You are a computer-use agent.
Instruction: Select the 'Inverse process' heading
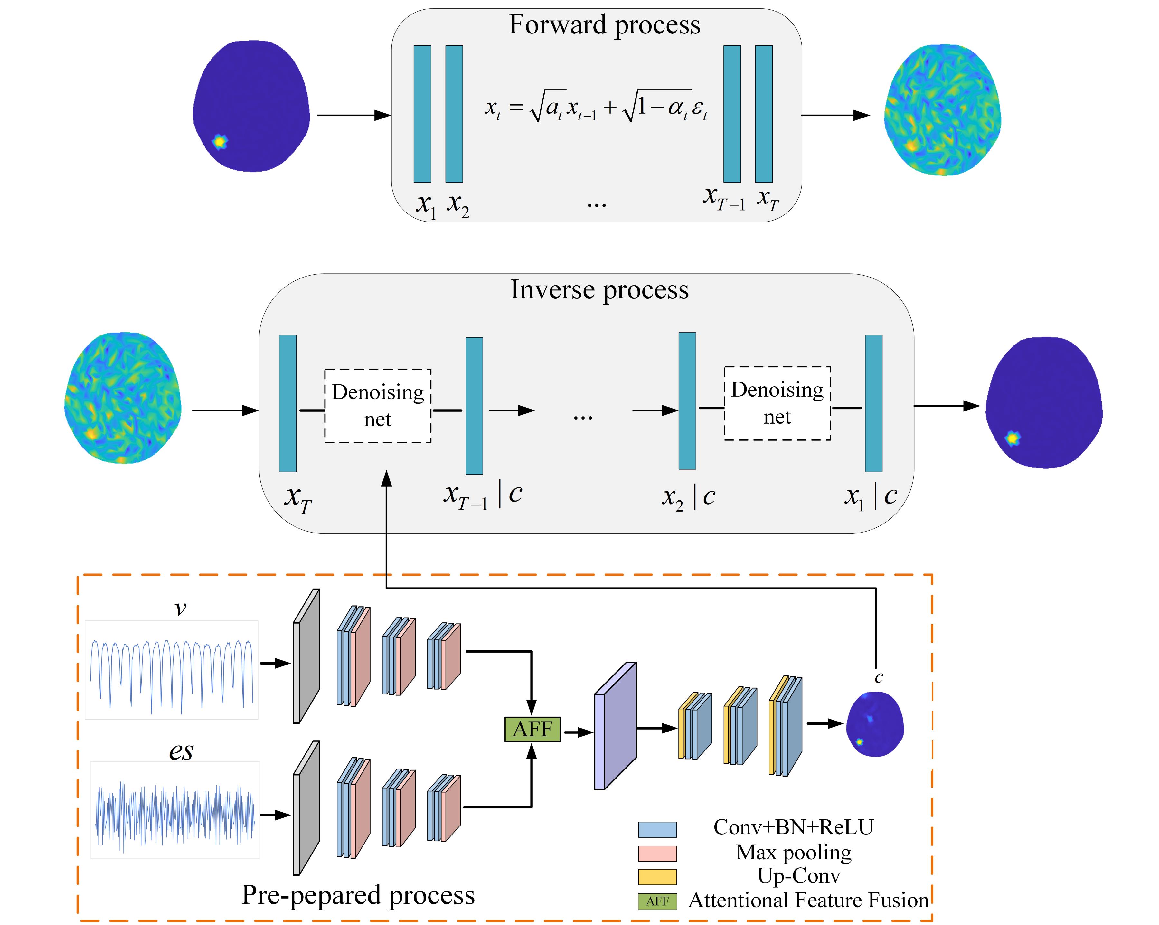[x=599, y=290]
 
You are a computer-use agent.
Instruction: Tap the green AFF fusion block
[x=532, y=729]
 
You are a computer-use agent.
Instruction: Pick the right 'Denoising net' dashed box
[x=777, y=403]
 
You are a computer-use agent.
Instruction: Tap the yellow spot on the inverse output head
[x=1013, y=438]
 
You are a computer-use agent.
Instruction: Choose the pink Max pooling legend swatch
[x=657, y=854]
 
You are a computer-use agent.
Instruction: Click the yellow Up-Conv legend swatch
[x=657, y=877]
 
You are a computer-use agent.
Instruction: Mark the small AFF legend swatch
[x=657, y=901]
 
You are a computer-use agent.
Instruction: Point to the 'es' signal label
[x=181, y=751]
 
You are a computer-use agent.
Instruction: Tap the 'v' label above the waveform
[x=181, y=609]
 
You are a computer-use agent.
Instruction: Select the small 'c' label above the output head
[x=879, y=678]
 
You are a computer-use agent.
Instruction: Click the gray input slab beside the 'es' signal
[x=306, y=808]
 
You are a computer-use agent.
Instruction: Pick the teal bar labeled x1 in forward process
[x=422, y=114]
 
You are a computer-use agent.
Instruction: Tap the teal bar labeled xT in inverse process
[x=287, y=403]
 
